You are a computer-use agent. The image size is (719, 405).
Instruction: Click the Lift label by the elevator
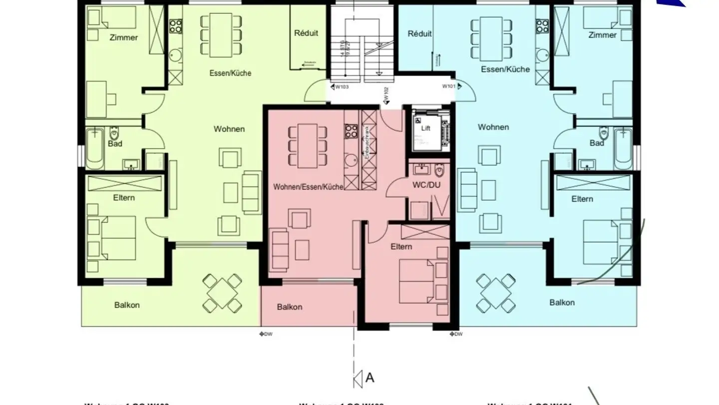coord(425,128)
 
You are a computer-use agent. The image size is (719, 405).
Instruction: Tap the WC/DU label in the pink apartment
coord(426,184)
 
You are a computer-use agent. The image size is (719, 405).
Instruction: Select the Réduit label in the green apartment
coord(306,33)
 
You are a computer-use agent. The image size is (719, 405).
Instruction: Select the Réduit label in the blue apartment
coord(419,34)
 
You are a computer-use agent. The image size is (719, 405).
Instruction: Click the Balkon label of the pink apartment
coord(290,307)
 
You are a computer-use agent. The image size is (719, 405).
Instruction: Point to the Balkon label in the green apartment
coord(127,305)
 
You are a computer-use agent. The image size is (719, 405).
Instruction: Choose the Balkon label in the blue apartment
coord(562,302)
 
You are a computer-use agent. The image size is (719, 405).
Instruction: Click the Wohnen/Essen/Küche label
coord(308,187)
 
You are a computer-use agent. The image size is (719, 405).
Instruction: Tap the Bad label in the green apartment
coord(115,144)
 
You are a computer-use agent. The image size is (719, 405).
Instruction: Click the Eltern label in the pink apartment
coord(401,246)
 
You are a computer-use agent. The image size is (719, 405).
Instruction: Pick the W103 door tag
coord(342,87)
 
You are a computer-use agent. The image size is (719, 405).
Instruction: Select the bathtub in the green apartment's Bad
coord(94,149)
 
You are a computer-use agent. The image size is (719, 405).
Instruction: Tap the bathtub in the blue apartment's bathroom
coord(624,149)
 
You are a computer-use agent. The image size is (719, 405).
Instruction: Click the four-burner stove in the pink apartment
coord(351,131)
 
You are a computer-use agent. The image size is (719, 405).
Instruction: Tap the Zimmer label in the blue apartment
coord(602,35)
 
